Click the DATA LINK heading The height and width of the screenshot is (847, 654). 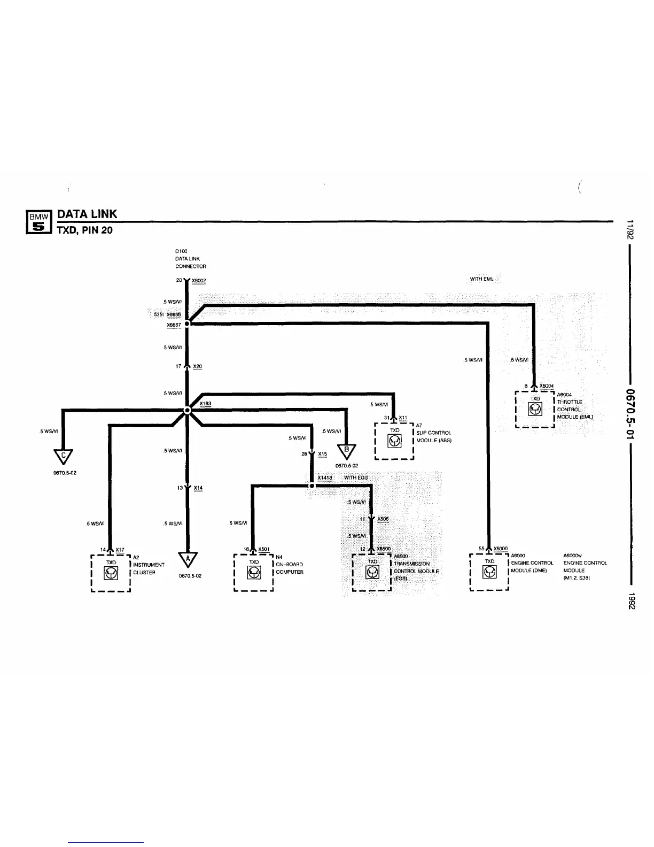pyautogui.click(x=87, y=214)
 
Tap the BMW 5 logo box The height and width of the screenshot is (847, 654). pyautogui.click(x=38, y=222)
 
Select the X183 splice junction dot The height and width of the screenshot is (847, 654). pyautogui.click(x=187, y=411)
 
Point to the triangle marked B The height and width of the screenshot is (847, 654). pyautogui.click(x=346, y=451)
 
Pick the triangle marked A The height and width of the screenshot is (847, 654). pyautogui.click(x=187, y=559)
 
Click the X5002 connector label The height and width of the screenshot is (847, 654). pyautogui.click(x=198, y=280)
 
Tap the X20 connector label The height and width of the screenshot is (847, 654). pyautogui.click(x=197, y=366)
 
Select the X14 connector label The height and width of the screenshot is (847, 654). pyautogui.click(x=198, y=488)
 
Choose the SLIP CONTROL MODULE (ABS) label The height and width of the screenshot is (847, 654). pyautogui.click(x=433, y=436)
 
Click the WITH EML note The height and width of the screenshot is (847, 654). pyautogui.click(x=481, y=279)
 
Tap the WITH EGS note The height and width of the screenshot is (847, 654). pyautogui.click(x=356, y=477)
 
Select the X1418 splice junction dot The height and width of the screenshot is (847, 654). pyautogui.click(x=312, y=486)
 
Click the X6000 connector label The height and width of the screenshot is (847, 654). pyautogui.click(x=501, y=549)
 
